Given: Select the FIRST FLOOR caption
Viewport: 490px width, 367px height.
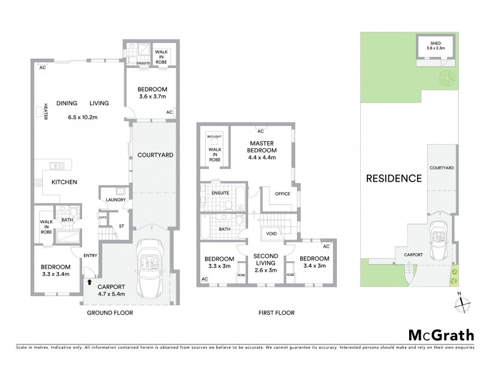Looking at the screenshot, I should tap(276, 313).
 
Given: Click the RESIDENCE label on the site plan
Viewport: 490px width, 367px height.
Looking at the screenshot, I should tap(394, 179).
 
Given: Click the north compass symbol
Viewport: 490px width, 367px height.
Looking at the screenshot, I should tap(464, 302).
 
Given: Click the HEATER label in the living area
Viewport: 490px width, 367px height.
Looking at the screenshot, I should tap(45, 111).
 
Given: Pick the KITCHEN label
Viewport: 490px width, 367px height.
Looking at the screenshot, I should tap(63, 182).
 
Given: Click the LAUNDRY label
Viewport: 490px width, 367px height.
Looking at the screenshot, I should tap(115, 199).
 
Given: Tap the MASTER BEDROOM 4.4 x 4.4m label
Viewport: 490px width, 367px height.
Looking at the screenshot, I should tap(261, 150).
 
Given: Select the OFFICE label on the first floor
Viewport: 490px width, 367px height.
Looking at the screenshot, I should tap(282, 193).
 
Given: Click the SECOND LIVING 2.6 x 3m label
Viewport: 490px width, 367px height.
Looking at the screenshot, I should tap(261, 261).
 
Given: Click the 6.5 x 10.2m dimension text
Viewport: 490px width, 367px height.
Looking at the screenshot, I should tap(85, 117).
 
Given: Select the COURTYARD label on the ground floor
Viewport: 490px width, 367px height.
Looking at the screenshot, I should tap(153, 155).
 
